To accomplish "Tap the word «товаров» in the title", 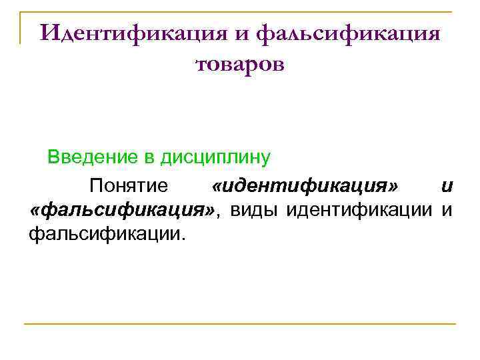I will pos(240,64).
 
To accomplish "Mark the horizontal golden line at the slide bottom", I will pos(240,324).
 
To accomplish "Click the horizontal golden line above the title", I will pos(240,11).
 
